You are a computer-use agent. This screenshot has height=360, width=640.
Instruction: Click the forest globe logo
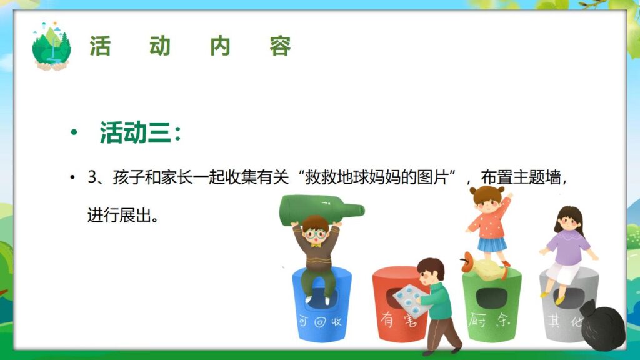click(52, 46)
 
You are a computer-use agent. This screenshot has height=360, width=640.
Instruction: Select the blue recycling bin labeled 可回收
click(322, 312)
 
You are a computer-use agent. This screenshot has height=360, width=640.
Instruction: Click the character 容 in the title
click(281, 46)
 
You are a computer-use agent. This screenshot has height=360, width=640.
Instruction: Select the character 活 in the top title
click(100, 46)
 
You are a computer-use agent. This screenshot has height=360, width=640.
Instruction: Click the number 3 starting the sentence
click(91, 177)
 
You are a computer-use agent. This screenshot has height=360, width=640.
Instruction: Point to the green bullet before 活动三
click(74, 134)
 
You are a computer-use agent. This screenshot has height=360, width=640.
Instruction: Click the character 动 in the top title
click(160, 46)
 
